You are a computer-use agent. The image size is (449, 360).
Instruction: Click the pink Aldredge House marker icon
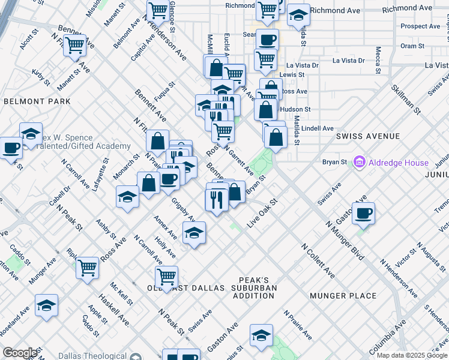[x=360, y=162]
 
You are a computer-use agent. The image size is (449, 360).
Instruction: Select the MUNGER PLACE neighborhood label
[x=343, y=296]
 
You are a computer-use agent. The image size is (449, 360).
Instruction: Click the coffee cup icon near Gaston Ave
[x=363, y=212]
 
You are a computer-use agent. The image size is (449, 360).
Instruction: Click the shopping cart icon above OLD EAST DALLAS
[x=166, y=277]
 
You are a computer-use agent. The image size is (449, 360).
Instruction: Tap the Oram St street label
[x=412, y=46]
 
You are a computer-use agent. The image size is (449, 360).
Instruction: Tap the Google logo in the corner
[x=19, y=353]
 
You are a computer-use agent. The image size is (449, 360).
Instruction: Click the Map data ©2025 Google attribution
[x=412, y=356]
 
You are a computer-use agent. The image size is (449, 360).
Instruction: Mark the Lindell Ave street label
[x=318, y=128]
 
